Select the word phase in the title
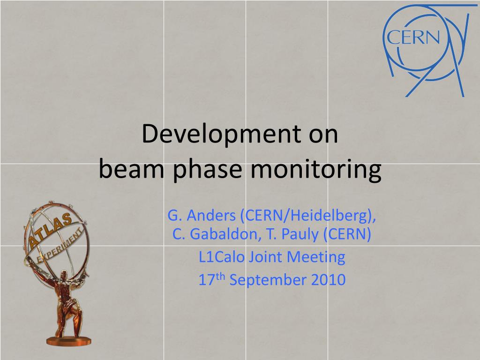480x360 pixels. [208, 170]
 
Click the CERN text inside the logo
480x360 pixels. [413, 37]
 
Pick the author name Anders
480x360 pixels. [211, 215]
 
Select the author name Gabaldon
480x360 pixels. [225, 234]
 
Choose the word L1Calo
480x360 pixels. [222, 257]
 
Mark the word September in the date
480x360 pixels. [268, 280]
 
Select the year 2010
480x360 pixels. [328, 280]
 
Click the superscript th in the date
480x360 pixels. [220, 277]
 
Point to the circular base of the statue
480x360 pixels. [68, 341]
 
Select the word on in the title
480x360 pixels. [323, 135]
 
